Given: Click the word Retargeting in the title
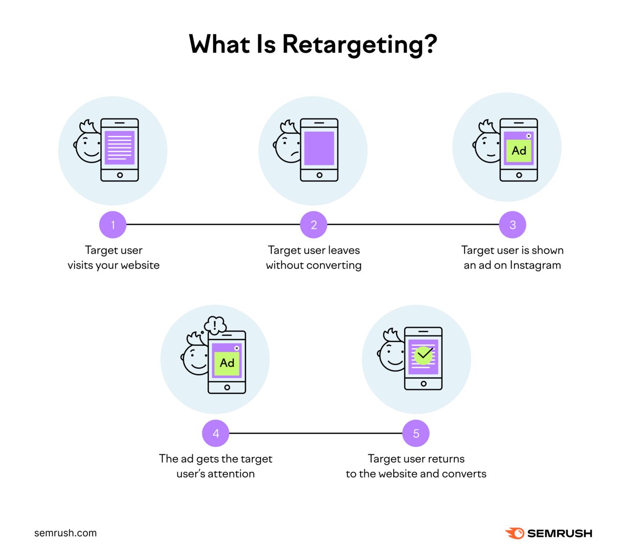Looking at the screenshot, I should pyautogui.click(x=359, y=45).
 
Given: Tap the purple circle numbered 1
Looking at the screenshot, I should pyautogui.click(x=113, y=225).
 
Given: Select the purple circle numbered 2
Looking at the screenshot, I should pyautogui.click(x=313, y=225).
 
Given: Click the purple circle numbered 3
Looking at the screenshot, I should pyautogui.click(x=513, y=225).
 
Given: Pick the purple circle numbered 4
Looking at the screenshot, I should pyautogui.click(x=216, y=433).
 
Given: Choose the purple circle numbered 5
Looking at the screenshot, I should pyautogui.click(x=416, y=433).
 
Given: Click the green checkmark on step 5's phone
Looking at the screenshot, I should pyautogui.click(x=424, y=354).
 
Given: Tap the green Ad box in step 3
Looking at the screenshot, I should pyautogui.click(x=519, y=151).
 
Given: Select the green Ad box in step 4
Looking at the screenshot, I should pyautogui.click(x=227, y=363).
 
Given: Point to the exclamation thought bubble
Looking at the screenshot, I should pyautogui.click(x=215, y=325).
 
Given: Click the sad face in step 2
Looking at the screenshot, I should pyautogui.click(x=288, y=147).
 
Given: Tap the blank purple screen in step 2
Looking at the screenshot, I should pyautogui.click(x=319, y=148).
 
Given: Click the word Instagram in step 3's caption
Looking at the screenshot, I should pyautogui.click(x=535, y=265).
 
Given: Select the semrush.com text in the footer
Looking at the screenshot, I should pyautogui.click(x=66, y=533).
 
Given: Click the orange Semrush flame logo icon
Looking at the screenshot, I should pyautogui.click(x=514, y=533).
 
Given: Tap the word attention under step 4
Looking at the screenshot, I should pyautogui.click(x=231, y=474).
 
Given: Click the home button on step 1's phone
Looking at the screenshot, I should pyautogui.click(x=120, y=175).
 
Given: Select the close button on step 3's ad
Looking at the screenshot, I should pyautogui.click(x=529, y=136).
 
